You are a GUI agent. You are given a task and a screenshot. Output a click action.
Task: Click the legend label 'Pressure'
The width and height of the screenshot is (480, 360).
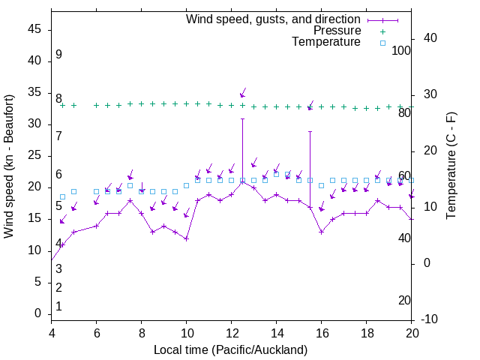tap(336, 31)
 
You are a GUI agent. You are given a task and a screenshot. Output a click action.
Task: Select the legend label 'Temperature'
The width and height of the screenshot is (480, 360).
tap(326, 42)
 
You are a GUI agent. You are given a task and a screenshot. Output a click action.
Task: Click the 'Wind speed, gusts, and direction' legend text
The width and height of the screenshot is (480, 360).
tap(274, 19)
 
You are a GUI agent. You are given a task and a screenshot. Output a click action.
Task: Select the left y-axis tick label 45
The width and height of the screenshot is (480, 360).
tap(34, 30)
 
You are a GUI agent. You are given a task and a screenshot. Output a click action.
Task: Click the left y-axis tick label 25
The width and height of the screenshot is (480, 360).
tap(34, 156)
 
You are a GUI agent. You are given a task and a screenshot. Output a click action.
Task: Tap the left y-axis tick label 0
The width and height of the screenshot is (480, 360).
tap(37, 314)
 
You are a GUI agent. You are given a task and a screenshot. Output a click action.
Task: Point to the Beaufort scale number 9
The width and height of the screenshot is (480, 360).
tap(58, 55)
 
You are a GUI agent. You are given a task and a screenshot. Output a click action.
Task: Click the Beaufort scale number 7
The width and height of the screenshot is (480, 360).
tap(58, 136)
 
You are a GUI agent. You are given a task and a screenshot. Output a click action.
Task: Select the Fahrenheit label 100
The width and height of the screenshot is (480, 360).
tap(402, 51)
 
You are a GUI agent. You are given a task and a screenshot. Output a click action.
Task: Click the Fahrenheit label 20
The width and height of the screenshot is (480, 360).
tap(404, 301)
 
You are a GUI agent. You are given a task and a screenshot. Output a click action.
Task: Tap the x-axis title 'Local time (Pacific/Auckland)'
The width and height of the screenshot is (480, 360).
tap(231, 349)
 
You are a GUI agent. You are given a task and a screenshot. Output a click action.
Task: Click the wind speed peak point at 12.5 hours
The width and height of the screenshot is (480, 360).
tap(242, 182)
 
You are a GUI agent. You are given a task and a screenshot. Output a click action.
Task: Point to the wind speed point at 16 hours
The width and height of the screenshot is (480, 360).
tap(321, 232)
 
